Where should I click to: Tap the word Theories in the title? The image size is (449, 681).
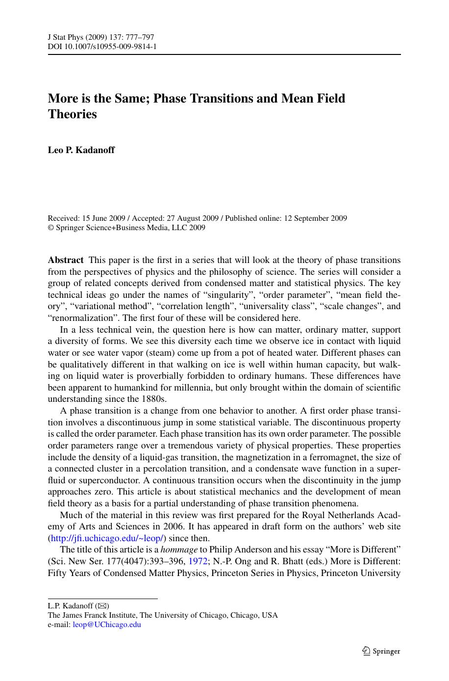73,114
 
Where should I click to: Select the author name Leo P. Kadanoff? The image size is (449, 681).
81,150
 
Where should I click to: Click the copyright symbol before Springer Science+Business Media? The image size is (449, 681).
50,228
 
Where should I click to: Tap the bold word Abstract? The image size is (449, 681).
66,260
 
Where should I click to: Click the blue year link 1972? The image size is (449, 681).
198,561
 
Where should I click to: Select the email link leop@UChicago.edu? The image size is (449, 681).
107,625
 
